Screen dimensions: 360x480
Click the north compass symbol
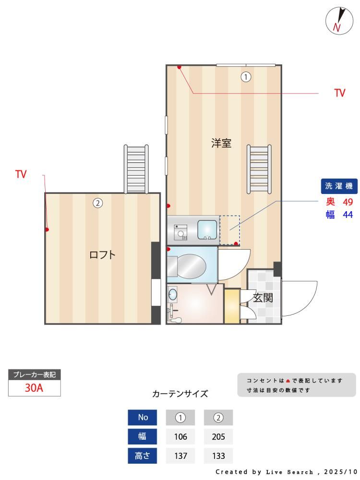click(x=339, y=21)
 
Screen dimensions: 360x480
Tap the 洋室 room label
click(x=221, y=143)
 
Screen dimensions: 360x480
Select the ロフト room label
click(x=102, y=255)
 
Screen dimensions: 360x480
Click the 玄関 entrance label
click(x=263, y=298)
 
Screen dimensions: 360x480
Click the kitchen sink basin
click(x=207, y=229)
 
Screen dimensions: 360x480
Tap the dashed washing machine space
click(x=229, y=230)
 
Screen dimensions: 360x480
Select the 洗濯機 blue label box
click(x=339, y=186)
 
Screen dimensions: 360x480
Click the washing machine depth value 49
click(x=348, y=202)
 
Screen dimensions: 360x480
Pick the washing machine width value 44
click(x=348, y=215)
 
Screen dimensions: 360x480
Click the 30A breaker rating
click(x=34, y=388)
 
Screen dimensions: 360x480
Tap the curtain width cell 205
click(x=218, y=436)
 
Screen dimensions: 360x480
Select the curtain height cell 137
click(x=180, y=456)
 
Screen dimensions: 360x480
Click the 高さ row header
click(x=143, y=456)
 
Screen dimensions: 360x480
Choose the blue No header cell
click(x=143, y=417)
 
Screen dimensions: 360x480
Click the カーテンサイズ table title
click(x=180, y=394)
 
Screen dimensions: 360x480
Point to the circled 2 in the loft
click(x=97, y=203)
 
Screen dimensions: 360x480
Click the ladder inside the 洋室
click(x=259, y=169)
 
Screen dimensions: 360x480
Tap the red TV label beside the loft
click(x=21, y=174)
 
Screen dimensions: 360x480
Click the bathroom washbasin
click(x=173, y=295)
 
